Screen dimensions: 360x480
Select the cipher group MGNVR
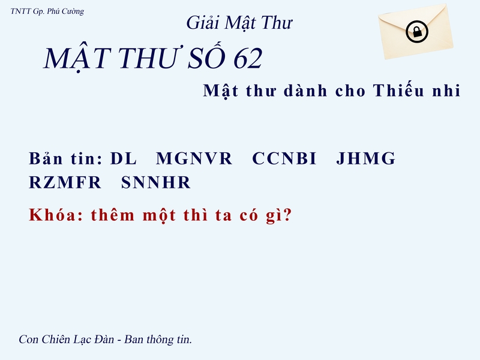[194, 159]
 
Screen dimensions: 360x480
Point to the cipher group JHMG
[366, 159]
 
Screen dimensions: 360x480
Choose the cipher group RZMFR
[65, 183]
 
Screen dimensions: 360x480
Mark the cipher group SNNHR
[155, 183]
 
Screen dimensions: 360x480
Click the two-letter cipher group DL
[124, 159]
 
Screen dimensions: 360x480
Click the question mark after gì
[287, 215]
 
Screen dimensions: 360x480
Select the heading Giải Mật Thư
[239, 23]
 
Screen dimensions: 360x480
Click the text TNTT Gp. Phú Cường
[47, 11]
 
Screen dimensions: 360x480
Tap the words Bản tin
[66, 159]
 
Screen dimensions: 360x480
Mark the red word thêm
[113, 215]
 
